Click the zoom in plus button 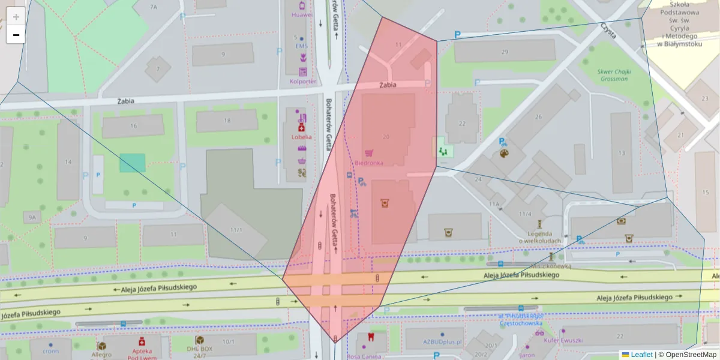[16, 17]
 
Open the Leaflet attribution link [641, 355]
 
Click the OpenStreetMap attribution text [688, 355]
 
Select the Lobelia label [302, 137]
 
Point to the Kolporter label [303, 82]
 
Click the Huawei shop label [302, 14]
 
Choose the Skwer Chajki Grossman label [613, 74]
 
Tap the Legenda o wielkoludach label [540, 237]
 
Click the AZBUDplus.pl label [441, 342]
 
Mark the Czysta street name [609, 31]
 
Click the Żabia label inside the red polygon [388, 85]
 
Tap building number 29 [505, 52]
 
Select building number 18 [227, 121]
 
